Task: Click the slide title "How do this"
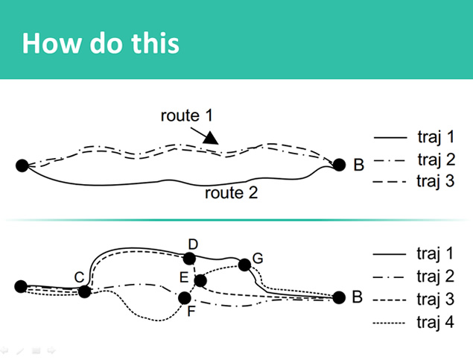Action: tap(101, 42)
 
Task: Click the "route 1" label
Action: tap(186, 116)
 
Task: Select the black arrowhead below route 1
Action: tap(212, 137)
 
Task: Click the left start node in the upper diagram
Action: tap(22, 165)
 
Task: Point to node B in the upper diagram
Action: tap(340, 165)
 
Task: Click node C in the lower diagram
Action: tap(84, 291)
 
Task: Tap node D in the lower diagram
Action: tap(190, 259)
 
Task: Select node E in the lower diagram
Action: tap(200, 280)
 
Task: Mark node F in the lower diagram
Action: tap(185, 298)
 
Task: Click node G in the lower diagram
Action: tap(244, 265)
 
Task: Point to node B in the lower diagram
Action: tap(340, 297)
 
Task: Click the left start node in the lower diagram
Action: tap(21, 286)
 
